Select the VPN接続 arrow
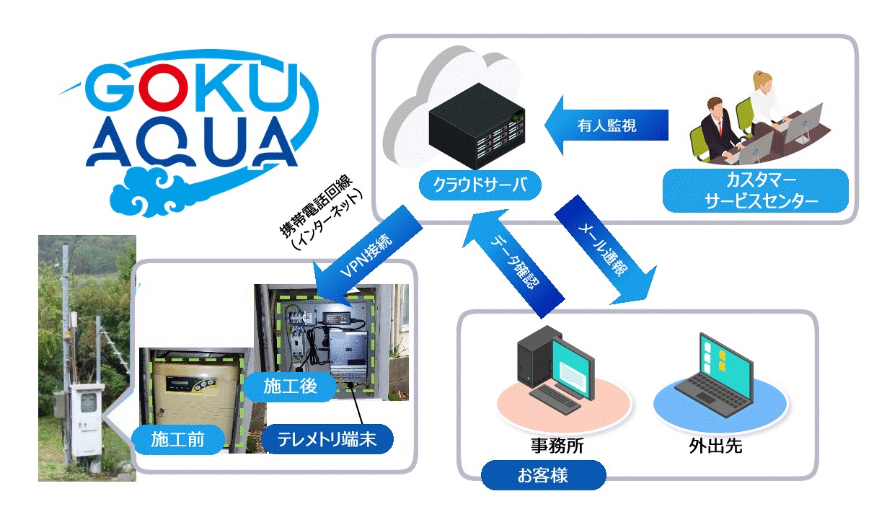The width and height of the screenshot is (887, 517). click(x=364, y=260)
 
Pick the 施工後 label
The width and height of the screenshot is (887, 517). click(x=289, y=387)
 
